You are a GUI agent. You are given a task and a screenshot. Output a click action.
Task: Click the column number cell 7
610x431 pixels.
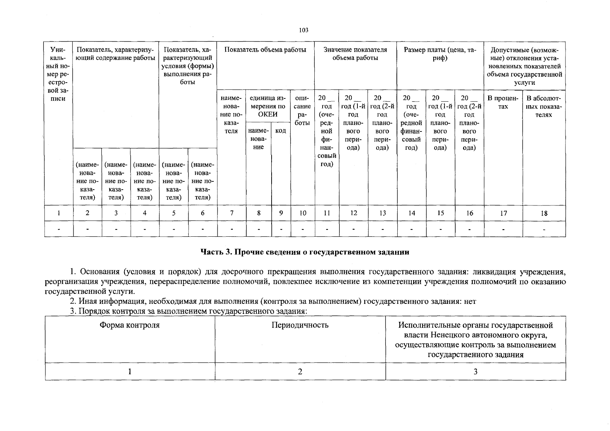click(232, 213)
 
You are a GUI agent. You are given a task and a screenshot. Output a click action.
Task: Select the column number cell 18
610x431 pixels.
click(544, 213)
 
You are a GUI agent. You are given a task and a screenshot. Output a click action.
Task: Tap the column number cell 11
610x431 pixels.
click(327, 213)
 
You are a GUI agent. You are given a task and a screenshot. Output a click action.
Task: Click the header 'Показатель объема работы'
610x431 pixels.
click(265, 50)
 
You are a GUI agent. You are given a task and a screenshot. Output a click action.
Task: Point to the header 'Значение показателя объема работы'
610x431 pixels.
click(355, 54)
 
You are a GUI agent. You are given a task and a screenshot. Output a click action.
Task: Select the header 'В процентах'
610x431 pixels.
click(503, 102)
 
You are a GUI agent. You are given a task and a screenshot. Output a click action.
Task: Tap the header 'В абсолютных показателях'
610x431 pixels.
click(544, 106)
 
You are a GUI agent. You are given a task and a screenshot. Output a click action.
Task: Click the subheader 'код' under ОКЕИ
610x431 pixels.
click(281, 131)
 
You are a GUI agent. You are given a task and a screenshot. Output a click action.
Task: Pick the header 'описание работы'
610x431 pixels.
click(302, 110)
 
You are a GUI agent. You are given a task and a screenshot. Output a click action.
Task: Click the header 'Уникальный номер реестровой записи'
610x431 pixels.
click(58, 74)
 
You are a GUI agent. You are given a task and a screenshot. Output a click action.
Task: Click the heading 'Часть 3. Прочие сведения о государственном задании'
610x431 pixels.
click(305, 252)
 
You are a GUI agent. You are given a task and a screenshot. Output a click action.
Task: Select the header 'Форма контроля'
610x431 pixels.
click(130, 325)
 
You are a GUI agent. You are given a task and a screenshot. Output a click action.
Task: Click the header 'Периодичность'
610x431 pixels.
click(300, 325)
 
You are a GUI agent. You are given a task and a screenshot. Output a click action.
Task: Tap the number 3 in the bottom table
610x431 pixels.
click(475, 372)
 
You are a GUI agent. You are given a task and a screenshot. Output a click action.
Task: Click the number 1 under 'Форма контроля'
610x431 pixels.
click(130, 372)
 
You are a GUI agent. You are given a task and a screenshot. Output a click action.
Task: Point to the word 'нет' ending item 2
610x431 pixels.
click(470, 302)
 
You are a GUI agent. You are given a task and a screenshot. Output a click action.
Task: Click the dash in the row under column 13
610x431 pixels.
click(383, 229)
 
